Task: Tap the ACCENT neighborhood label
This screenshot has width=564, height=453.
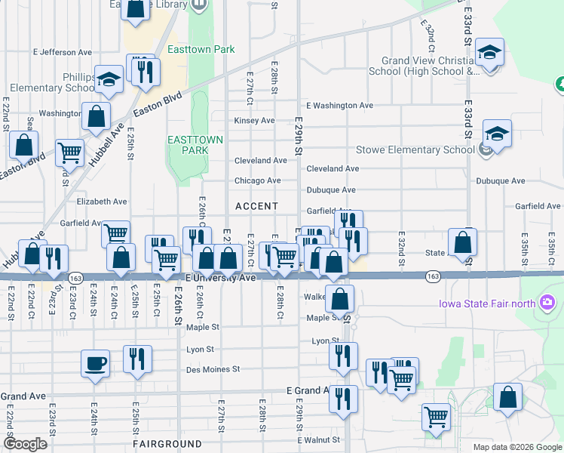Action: click(256, 206)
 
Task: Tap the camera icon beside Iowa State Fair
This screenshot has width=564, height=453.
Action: click(547, 304)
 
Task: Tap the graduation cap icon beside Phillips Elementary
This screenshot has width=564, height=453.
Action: click(109, 79)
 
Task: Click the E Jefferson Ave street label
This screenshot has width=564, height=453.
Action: click(63, 52)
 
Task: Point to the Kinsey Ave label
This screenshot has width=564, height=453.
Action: click(254, 120)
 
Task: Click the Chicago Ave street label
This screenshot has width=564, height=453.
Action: click(257, 180)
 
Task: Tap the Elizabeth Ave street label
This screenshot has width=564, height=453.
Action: click(101, 202)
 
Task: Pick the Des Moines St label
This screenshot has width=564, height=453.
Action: click(213, 369)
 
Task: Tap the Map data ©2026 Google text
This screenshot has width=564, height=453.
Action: click(516, 447)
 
